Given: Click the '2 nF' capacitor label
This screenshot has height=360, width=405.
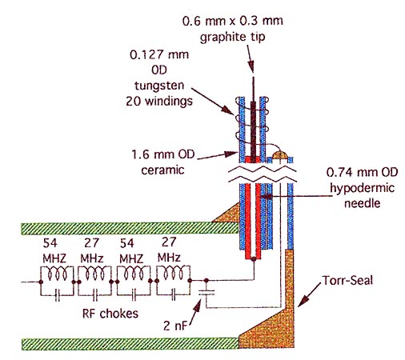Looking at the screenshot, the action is pyautogui.click(x=175, y=326).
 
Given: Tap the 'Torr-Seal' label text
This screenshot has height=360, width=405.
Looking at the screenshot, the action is pyautogui.click(x=347, y=281).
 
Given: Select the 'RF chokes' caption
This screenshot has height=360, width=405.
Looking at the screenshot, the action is pyautogui.click(x=110, y=314).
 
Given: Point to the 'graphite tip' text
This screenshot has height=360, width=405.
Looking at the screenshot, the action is pyautogui.click(x=233, y=37).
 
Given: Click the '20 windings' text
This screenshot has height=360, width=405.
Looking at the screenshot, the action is pyautogui.click(x=159, y=102).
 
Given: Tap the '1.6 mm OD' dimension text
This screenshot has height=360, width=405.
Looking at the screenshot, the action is pyautogui.click(x=163, y=154).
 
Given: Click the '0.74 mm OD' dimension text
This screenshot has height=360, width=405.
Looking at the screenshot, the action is pyautogui.click(x=362, y=172).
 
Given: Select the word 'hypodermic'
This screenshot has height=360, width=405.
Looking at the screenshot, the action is pyautogui.click(x=362, y=188).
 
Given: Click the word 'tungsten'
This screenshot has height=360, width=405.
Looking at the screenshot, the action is pyautogui.click(x=159, y=86).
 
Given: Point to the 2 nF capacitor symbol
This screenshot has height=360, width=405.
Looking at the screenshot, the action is pyautogui.click(x=207, y=293).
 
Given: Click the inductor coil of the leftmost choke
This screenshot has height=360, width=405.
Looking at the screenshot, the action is pyautogui.click(x=57, y=273).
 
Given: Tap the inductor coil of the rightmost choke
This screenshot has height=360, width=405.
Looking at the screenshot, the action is pyautogui.click(x=174, y=273).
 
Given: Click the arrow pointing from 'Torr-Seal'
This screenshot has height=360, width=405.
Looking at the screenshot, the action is pyautogui.click(x=310, y=294).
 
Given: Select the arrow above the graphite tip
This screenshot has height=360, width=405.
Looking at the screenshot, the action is pyautogui.click(x=251, y=58).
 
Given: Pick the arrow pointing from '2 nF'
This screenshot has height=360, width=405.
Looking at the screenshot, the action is pyautogui.click(x=195, y=312).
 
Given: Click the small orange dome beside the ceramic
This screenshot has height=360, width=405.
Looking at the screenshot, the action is pyautogui.click(x=280, y=154).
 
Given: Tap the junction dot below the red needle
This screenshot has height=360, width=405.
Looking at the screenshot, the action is pyautogui.click(x=254, y=258).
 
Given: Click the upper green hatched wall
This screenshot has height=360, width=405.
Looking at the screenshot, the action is pyautogui.click(x=130, y=229).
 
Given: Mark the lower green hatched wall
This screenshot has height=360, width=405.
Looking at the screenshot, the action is pyautogui.click(x=130, y=344).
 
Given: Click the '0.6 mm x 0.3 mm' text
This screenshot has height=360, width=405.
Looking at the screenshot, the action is pyautogui.click(x=233, y=21).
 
